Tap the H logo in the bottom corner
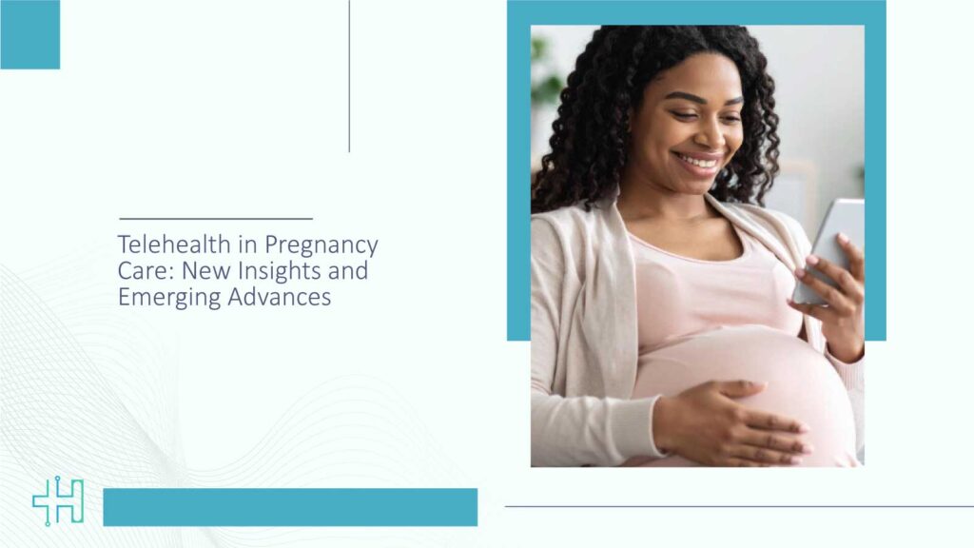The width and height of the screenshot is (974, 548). click(x=57, y=501)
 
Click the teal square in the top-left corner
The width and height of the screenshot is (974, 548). click(x=29, y=34)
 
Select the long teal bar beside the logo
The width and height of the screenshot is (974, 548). click(x=290, y=507)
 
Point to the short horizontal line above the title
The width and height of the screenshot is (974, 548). click(x=216, y=219)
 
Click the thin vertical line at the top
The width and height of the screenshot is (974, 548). click(x=349, y=76)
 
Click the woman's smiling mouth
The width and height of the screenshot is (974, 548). click(x=700, y=162)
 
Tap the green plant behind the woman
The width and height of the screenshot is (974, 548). click(x=547, y=76)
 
